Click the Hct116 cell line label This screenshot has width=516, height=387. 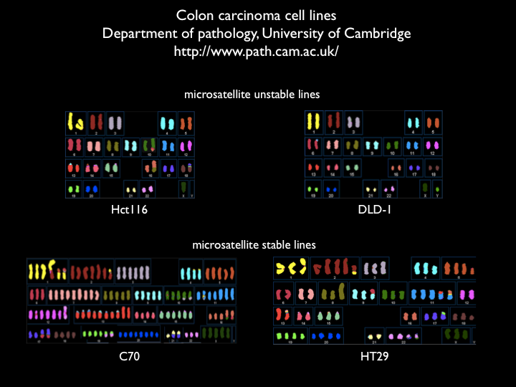point(129,210)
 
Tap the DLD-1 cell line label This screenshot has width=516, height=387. point(372,210)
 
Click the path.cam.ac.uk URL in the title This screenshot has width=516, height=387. point(257,52)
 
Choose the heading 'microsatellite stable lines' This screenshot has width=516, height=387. point(254,244)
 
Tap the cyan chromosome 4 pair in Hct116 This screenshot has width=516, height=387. point(167,122)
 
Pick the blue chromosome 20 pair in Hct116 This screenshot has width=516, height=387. point(91,188)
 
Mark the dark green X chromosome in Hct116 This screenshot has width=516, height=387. point(183,188)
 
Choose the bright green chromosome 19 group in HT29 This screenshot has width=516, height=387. point(285,335)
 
